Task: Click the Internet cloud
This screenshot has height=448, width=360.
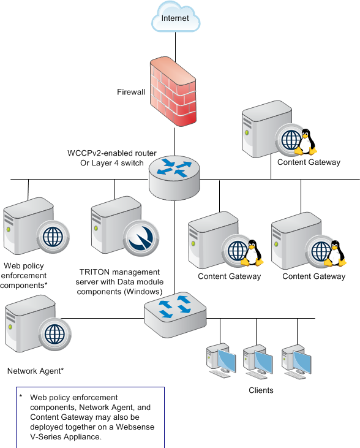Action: pyautogui.click(x=176, y=17)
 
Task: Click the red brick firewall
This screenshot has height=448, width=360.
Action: pyautogui.click(x=173, y=91)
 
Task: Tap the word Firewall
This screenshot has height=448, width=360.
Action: pyautogui.click(x=131, y=92)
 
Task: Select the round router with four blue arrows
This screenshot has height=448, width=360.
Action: pyautogui.click(x=174, y=178)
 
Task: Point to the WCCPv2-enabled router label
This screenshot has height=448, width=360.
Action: pyautogui.click(x=112, y=158)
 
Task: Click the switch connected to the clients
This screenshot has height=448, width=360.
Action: pyautogui.click(x=175, y=314)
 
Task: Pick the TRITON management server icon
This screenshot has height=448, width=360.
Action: pyautogui.click(x=125, y=226)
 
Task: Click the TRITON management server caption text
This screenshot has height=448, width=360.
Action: pyautogui.click(x=119, y=282)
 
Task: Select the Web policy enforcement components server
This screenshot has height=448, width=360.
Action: pyautogui.click(x=36, y=226)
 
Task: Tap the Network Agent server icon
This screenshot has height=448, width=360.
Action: pyautogui.click(x=38, y=324)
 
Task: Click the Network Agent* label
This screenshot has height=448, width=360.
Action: pyautogui.click(x=36, y=371)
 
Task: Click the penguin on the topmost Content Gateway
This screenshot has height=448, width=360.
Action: pyautogui.click(x=306, y=142)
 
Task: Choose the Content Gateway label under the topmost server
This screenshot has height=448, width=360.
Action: pyautogui.click(x=309, y=162)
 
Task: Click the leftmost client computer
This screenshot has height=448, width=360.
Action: pyautogui.click(x=221, y=360)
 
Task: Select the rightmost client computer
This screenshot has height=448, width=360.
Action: pyautogui.click(x=296, y=362)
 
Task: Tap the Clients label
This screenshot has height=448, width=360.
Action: pyautogui.click(x=261, y=390)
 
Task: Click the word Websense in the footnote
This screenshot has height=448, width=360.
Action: pyautogui.click(x=135, y=427)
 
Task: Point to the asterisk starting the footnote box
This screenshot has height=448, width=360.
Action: pyautogui.click(x=21, y=396)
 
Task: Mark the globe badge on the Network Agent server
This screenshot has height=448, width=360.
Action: pyautogui.click(x=55, y=335)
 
